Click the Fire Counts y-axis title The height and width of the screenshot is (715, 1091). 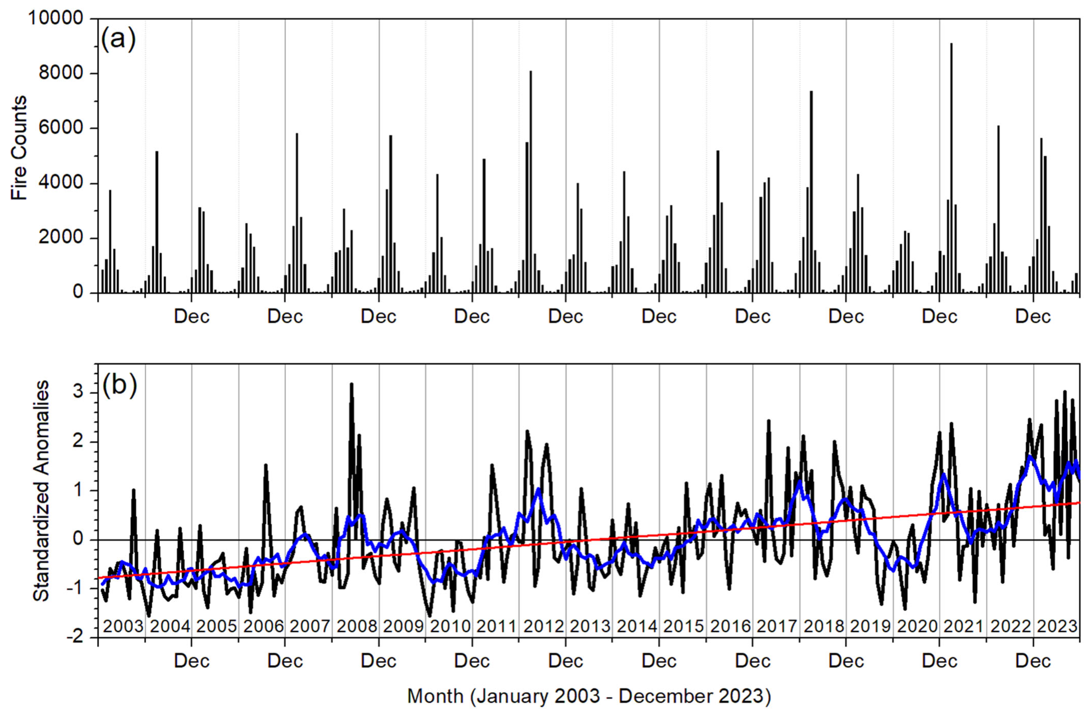19,148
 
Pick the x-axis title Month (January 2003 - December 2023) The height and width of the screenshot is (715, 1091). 589,696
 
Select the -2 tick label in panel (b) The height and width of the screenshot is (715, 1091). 78,637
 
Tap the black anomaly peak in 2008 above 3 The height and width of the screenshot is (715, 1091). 352,385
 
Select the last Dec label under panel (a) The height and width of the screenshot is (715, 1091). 1033,317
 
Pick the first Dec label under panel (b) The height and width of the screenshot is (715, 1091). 192,661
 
